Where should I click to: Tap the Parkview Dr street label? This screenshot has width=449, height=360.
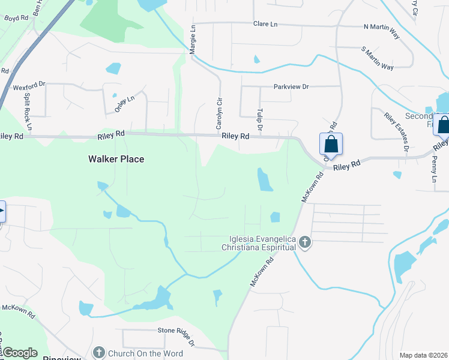click(291, 87)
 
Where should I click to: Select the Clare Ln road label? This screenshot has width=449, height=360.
click(265, 24)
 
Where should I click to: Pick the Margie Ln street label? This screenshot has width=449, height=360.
click(193, 40)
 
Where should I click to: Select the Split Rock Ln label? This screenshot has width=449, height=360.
click(28, 112)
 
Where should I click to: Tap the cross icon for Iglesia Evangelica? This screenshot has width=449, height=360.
click(305, 242)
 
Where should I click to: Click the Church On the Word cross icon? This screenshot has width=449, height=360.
click(100, 353)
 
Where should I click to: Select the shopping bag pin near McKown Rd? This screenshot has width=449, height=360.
click(331, 145)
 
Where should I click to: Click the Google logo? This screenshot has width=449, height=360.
click(20, 353)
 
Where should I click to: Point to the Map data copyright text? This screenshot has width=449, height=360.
click(423, 355)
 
